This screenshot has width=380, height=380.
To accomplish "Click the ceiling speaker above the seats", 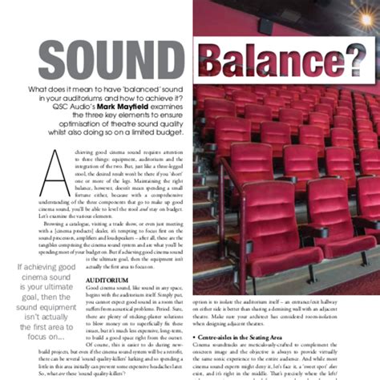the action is (x=267, y=26).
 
